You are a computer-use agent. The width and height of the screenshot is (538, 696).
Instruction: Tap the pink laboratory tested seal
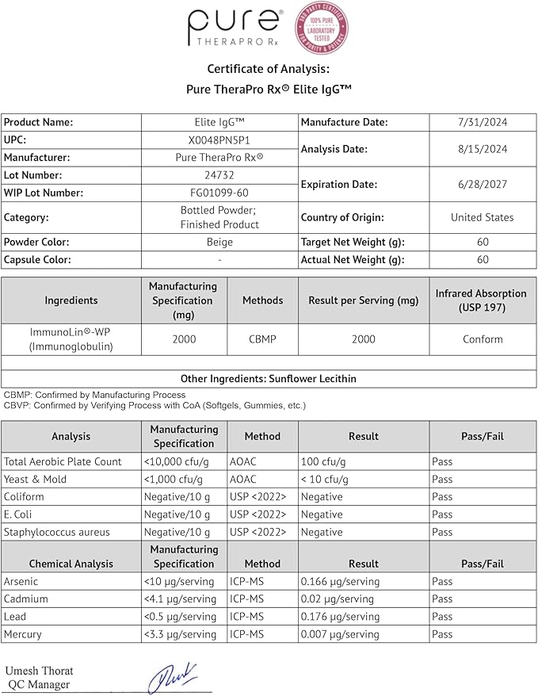[322, 28]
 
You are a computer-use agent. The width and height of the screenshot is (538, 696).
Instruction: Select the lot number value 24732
[219, 175]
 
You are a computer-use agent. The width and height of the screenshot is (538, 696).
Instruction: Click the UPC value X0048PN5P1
[219, 140]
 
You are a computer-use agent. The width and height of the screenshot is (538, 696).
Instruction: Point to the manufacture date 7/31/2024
[483, 122]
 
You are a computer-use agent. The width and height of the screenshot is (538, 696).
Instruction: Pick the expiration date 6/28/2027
[483, 184]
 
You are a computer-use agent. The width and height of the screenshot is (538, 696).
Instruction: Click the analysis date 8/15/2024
[483, 148]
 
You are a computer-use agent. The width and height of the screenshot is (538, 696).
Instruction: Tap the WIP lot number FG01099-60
[219, 193]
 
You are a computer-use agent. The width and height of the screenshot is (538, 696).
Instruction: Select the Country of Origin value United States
[483, 217]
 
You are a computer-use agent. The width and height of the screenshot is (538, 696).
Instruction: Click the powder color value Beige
[219, 242]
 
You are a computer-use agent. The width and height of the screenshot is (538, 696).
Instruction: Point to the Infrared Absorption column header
[481, 300]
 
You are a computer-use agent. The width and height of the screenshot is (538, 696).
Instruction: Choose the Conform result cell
[483, 339]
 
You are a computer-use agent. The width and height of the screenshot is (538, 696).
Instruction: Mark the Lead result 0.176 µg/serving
[341, 617]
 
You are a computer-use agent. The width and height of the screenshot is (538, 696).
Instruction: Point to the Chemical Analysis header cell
[71, 564]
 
